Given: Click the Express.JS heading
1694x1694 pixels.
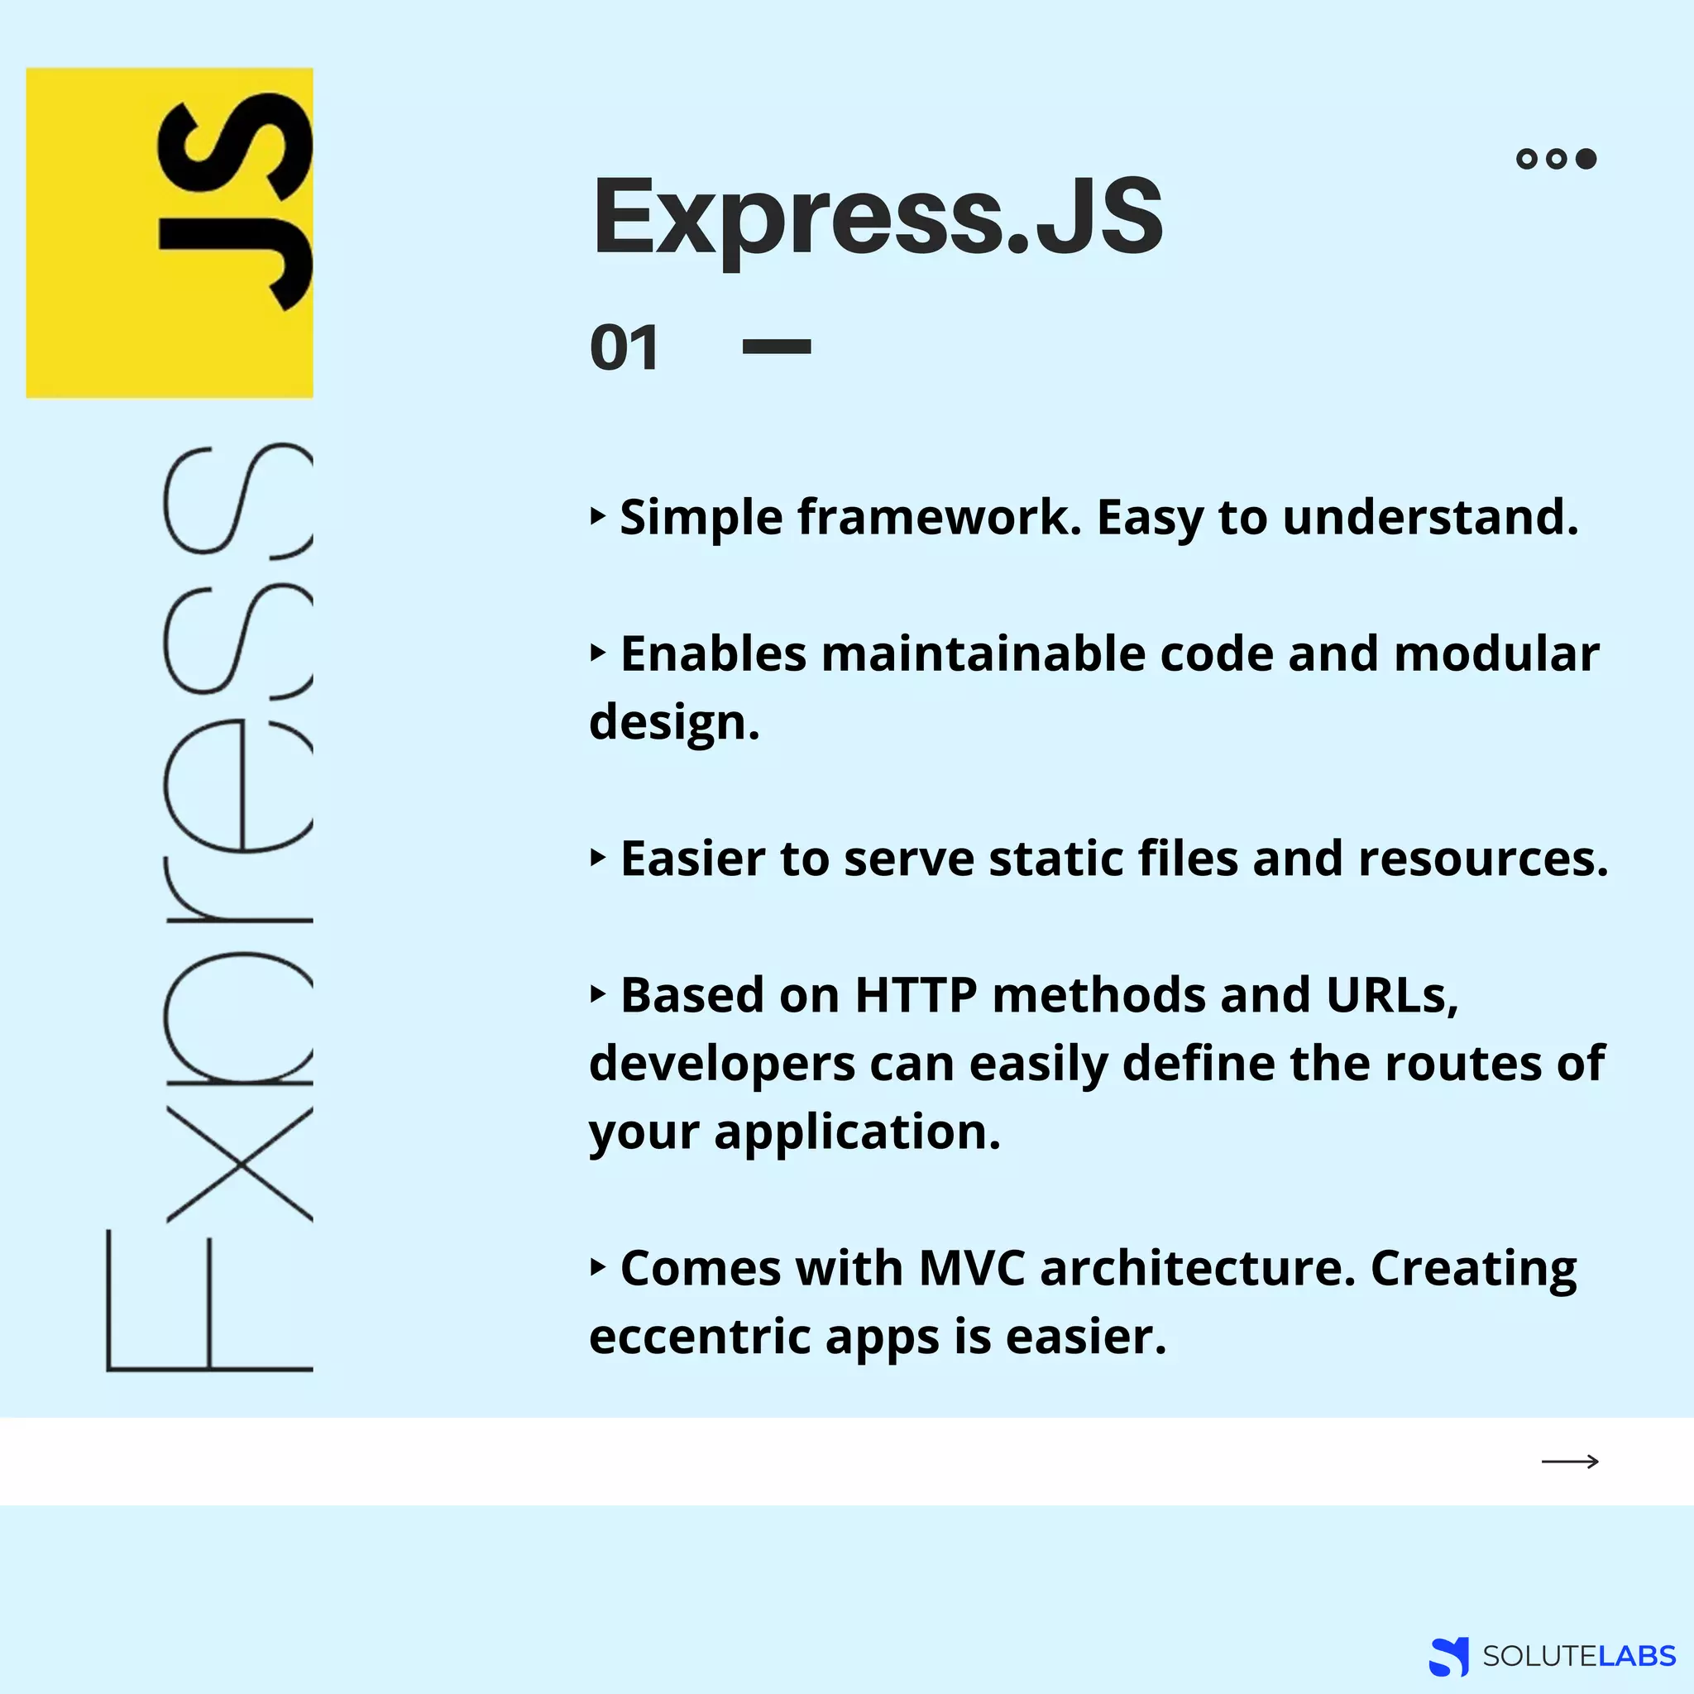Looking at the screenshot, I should (877, 217).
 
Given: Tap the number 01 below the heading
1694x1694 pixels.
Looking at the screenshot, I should (624, 348).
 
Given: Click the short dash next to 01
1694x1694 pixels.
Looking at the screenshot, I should (776, 347).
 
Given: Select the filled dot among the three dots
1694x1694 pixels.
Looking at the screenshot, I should (1586, 159).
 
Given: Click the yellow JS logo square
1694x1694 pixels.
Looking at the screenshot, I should (170, 232).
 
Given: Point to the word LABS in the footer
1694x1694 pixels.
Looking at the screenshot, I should (1637, 1655).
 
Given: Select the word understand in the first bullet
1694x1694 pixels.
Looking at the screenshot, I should (1430, 517).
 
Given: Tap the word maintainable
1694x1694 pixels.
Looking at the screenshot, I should (983, 654).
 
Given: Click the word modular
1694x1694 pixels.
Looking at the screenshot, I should (1495, 654).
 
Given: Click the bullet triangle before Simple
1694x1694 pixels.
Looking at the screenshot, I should (598, 515).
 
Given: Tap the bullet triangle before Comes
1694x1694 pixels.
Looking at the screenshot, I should (598, 1267).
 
